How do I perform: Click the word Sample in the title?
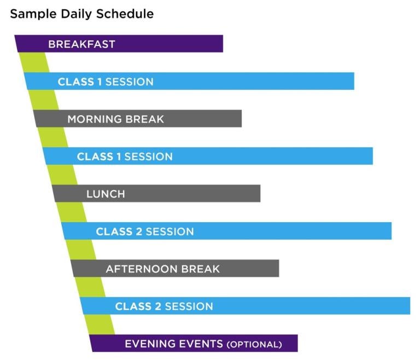click(x=32, y=14)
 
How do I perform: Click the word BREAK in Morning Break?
click(x=145, y=119)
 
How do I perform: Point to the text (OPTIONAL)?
click(x=254, y=345)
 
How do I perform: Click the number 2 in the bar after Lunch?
click(x=138, y=231)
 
